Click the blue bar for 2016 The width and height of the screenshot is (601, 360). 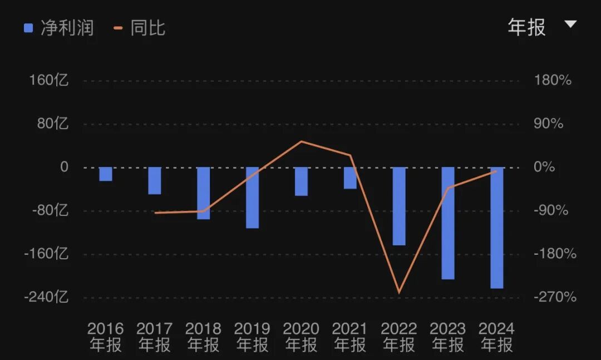tap(106, 174)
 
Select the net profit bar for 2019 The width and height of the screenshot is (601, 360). tap(252, 198)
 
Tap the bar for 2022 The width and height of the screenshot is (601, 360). tap(399, 206)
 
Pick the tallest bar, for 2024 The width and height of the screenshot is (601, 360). tap(497, 228)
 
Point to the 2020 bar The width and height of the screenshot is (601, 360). tap(301, 181)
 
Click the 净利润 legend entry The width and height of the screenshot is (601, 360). tap(58, 28)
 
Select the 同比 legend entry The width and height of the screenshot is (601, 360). tap(140, 28)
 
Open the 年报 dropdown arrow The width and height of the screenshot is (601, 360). tap(570, 24)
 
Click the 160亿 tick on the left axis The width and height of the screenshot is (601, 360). tap(49, 80)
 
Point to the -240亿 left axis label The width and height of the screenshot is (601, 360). tap(46, 297)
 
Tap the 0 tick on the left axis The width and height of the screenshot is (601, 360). tap(64, 167)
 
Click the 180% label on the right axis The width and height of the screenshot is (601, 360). tap(553, 80)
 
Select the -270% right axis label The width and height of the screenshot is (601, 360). tap(555, 297)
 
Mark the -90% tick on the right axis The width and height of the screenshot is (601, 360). tap(551, 210)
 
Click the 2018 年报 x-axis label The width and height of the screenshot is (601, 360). tap(203, 337)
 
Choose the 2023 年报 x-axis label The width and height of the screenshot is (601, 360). tap(448, 337)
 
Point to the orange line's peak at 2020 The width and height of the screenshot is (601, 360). tap(301, 141)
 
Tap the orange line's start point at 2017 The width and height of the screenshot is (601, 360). tap(155, 213)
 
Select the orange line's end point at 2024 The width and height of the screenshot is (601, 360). tap(496, 171)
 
